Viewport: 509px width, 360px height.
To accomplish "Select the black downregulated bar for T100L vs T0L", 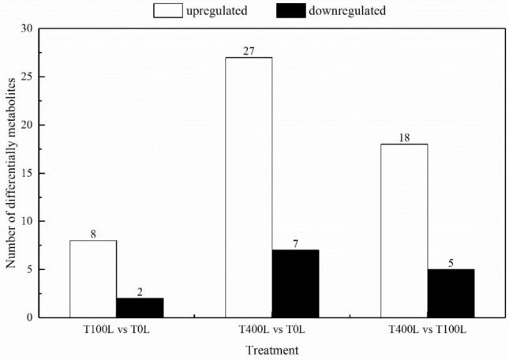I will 140,308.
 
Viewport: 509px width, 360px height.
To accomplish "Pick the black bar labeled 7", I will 295,283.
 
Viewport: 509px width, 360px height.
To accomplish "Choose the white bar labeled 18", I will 404,231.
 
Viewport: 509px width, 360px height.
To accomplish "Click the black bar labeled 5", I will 451,293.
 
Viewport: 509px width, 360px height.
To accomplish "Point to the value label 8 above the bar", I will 93,234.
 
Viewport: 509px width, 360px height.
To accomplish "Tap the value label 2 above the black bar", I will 140,292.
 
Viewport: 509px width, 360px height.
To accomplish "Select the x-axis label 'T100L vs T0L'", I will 116,328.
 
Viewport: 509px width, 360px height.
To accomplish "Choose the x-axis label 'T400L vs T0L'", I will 271,328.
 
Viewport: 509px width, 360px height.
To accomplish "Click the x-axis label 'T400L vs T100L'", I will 427,328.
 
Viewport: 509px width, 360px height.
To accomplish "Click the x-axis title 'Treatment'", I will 271,349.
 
